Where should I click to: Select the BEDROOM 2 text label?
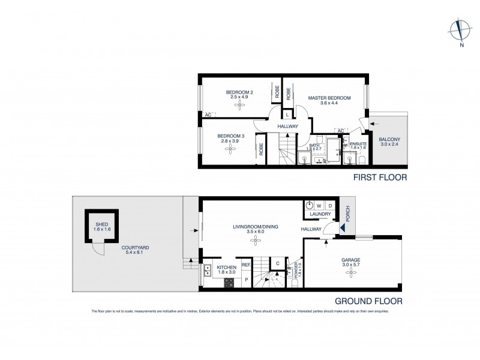tap(239, 92)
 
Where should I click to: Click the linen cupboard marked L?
tap(287, 114)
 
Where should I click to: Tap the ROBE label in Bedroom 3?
tap(261, 149)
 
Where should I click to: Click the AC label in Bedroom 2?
tap(208, 114)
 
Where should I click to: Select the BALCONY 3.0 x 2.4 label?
tap(389, 142)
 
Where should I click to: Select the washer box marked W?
tap(319, 205)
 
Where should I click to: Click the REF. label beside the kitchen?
tap(245, 265)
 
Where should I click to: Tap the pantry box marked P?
tap(245, 279)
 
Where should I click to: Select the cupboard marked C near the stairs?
tap(278, 263)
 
